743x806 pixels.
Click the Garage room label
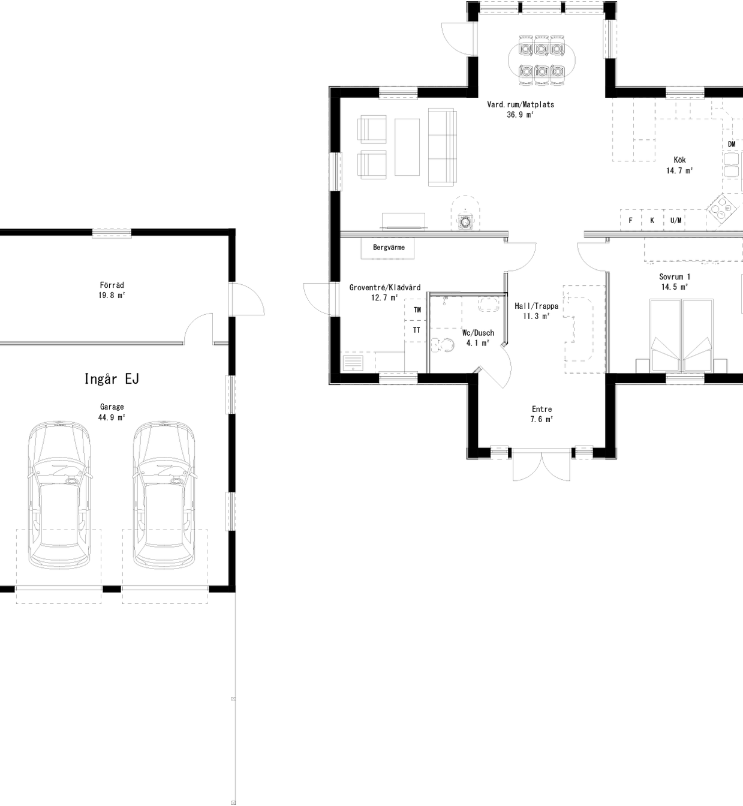(112, 407)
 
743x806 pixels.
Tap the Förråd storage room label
(112, 285)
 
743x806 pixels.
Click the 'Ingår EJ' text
(112, 379)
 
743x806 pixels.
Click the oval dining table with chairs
(542, 59)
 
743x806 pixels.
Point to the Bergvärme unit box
(388, 248)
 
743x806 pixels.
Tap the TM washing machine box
(417, 310)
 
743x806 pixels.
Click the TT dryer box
(416, 330)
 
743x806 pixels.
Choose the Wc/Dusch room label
(478, 333)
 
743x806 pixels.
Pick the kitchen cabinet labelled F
(630, 221)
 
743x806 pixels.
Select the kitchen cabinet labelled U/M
(675, 221)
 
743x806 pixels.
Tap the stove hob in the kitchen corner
(723, 209)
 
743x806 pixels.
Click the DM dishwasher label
(732, 145)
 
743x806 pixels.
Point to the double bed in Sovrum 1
(682, 336)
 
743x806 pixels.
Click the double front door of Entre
(542, 465)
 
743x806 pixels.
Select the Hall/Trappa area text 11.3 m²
(536, 317)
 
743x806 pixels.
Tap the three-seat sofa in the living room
(442, 147)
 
